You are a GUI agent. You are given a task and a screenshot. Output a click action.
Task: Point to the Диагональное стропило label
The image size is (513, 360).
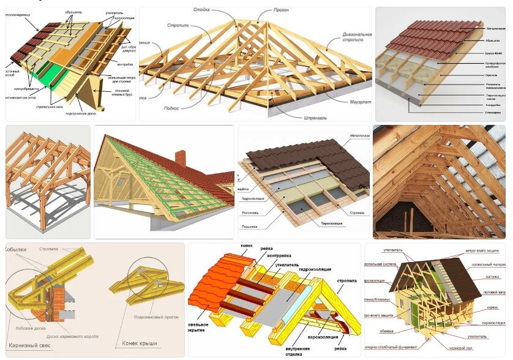[x=346, y=39]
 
